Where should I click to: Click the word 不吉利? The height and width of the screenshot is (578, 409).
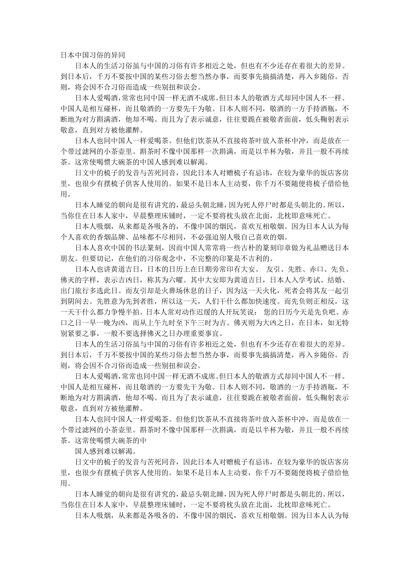coord(257,259)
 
